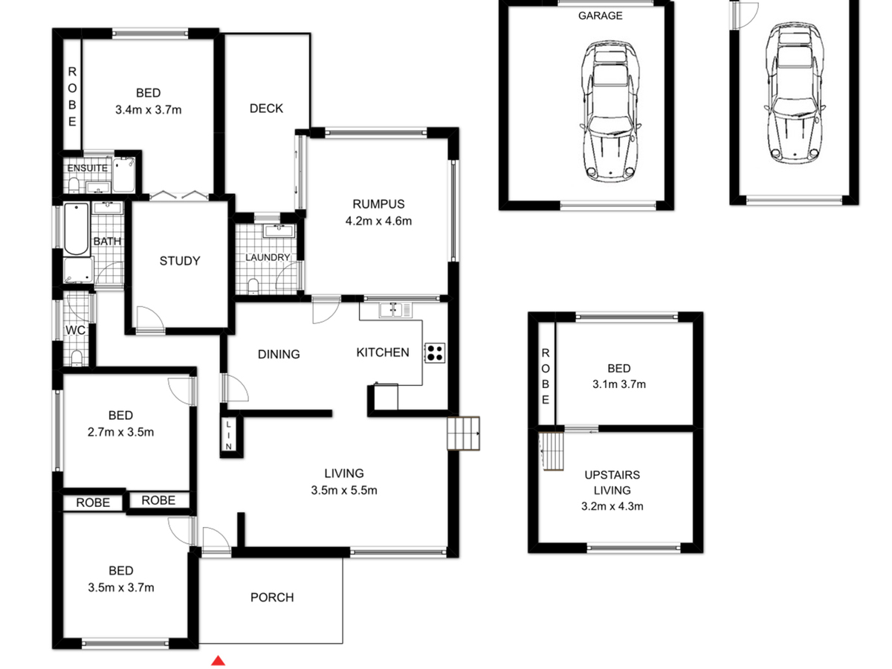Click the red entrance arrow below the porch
pyautogui.click(x=218, y=661)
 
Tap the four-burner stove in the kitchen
pyautogui.click(x=434, y=352)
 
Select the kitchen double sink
pyautogui.click(x=395, y=310)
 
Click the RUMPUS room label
pyautogui.click(x=378, y=204)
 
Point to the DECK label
pyautogui.click(x=266, y=109)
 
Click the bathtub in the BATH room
pyautogui.click(x=77, y=229)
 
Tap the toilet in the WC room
pyautogui.click(x=77, y=358)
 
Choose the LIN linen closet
pyautogui.click(x=229, y=435)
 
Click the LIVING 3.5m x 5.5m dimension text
pyautogui.click(x=344, y=491)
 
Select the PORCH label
pyautogui.click(x=272, y=598)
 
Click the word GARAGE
pyautogui.click(x=600, y=16)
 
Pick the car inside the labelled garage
pyautogui.click(x=610, y=111)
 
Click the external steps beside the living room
pyautogui.click(x=463, y=433)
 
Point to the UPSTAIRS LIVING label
pyautogui.click(x=612, y=482)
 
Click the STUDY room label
pyautogui.click(x=180, y=261)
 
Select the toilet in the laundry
pyautogui.click(x=253, y=285)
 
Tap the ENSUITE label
pyautogui.click(x=88, y=168)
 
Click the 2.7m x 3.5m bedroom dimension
pyautogui.click(x=120, y=432)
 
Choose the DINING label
pyautogui.click(x=279, y=355)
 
